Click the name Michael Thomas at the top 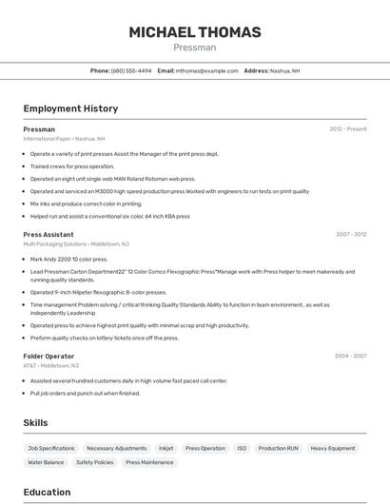tap(195, 32)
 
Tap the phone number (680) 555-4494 tap(131, 70)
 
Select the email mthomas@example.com tap(206, 70)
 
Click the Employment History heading tap(70, 109)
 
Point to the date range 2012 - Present tap(348, 129)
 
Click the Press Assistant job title tap(49, 234)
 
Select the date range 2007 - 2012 tap(351, 234)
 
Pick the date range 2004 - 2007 tap(351, 356)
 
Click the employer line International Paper tap(64, 139)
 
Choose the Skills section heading tap(35, 422)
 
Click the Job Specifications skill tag tap(51, 448)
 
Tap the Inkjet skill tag tap(166, 448)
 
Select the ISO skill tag tap(242, 448)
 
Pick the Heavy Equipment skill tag tap(333, 448)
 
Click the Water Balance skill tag tap(46, 462)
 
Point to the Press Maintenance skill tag tap(150, 462)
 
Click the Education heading tap(47, 492)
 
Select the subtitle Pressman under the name tap(195, 48)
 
